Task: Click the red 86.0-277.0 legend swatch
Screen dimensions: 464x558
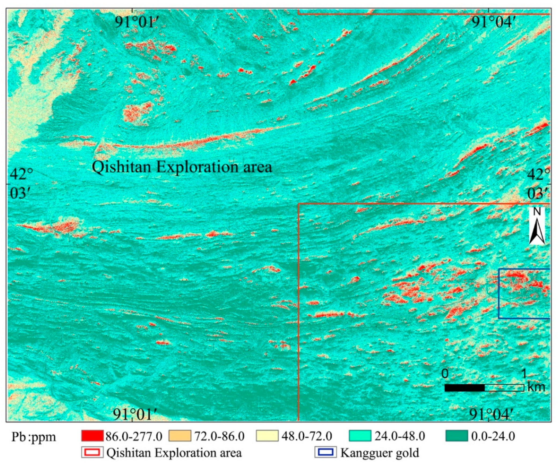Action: (x=92, y=436)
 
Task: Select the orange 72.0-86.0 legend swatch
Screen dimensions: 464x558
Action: (x=180, y=436)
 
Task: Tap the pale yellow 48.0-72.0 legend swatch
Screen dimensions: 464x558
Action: (x=267, y=436)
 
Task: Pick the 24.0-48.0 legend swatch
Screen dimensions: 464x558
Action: (x=360, y=436)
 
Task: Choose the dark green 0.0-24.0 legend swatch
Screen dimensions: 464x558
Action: (x=457, y=436)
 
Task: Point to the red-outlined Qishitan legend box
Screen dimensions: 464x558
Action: (x=92, y=453)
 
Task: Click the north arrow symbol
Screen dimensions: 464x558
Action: (x=537, y=231)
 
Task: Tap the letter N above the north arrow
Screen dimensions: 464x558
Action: (x=537, y=212)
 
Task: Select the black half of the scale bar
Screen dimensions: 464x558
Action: (x=464, y=388)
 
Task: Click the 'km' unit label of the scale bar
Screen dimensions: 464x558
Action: (x=536, y=387)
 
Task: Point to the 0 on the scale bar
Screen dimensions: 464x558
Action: (x=445, y=373)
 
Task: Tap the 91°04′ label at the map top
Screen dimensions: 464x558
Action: (x=492, y=22)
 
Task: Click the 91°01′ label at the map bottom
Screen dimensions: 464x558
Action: (x=133, y=414)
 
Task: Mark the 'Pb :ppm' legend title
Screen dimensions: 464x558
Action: (x=34, y=437)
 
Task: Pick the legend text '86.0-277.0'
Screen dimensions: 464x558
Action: (x=134, y=437)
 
